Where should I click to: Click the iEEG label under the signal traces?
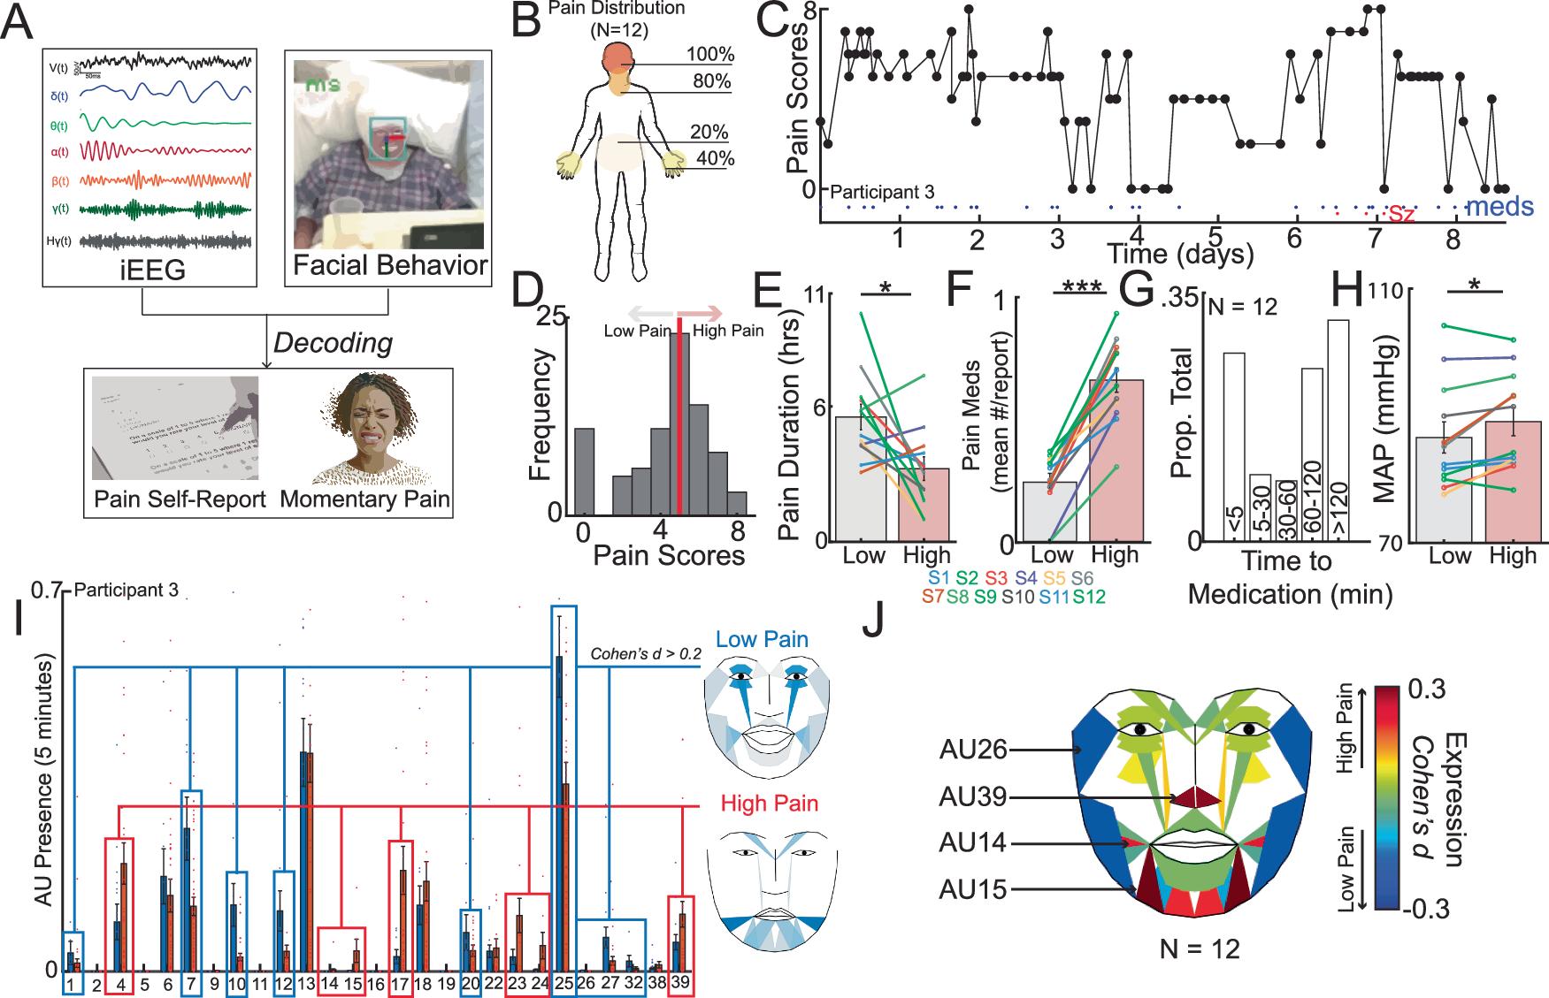click(152, 270)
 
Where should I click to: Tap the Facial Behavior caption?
click(389, 265)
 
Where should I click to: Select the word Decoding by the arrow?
click(333, 342)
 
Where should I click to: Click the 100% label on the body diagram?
click(710, 54)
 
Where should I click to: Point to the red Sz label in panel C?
click(1401, 214)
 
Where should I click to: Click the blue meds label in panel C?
click(1499, 207)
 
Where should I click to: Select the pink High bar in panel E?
click(924, 505)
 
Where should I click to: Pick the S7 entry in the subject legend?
click(932, 597)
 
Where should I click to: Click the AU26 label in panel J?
click(973, 750)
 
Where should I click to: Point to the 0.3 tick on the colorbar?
click(1426, 689)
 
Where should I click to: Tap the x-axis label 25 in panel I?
click(563, 983)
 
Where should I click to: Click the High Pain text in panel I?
click(769, 804)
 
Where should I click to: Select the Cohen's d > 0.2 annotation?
click(645, 654)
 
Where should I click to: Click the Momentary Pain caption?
click(364, 499)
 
